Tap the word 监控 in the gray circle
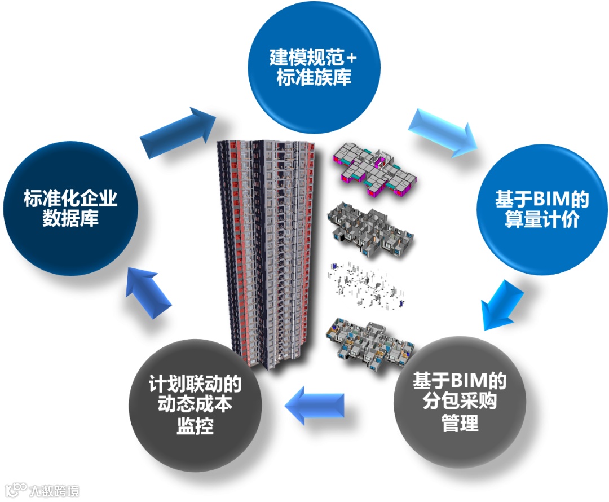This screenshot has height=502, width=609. click(x=195, y=426)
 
